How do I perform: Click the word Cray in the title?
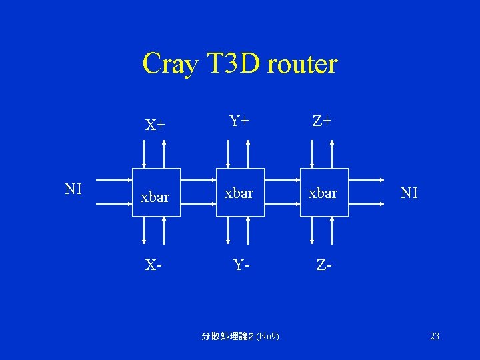click(169, 65)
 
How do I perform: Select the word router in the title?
click(303, 65)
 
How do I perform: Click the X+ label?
click(156, 125)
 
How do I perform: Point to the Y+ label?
click(239, 121)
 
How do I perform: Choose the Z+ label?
click(323, 121)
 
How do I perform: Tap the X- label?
click(154, 265)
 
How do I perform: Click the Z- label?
click(325, 265)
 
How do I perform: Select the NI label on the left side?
click(73, 189)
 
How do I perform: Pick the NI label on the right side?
click(409, 193)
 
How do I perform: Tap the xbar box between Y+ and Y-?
click(239, 193)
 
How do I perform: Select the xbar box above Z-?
click(324, 193)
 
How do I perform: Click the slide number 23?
click(435, 337)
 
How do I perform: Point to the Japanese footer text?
click(239, 337)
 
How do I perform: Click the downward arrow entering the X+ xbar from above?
click(143, 153)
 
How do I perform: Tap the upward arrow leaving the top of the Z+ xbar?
click(332, 153)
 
